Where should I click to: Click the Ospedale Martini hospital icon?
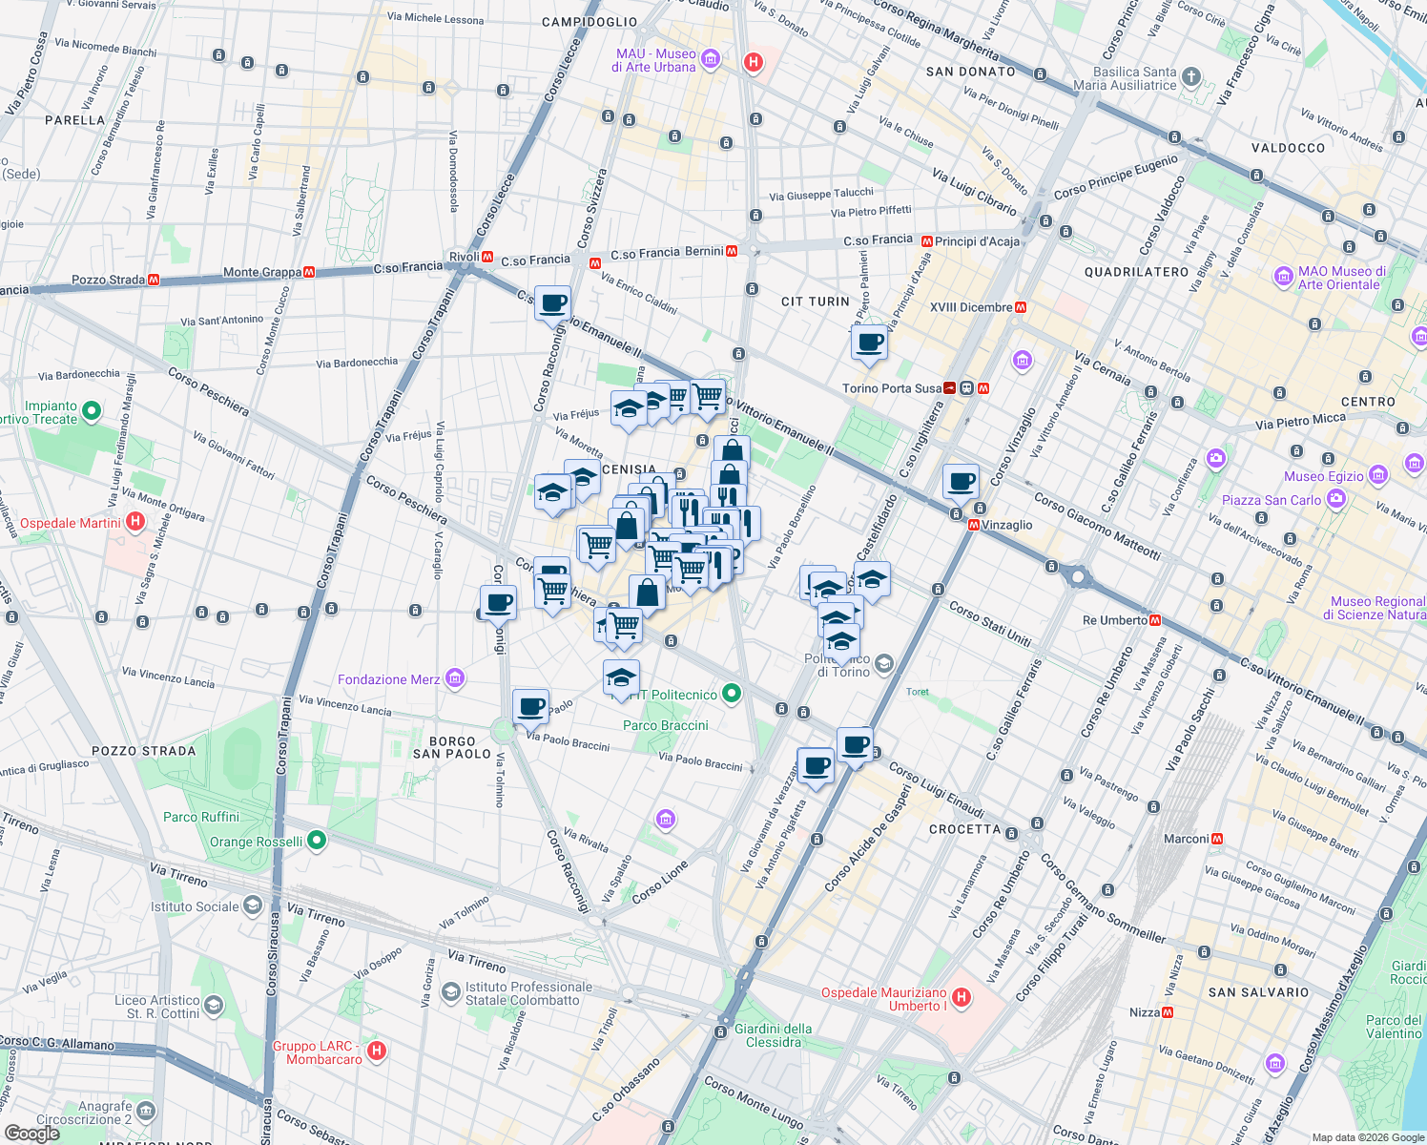click(x=135, y=522)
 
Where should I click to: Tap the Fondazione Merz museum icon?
click(x=455, y=678)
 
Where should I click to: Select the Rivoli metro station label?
click(x=465, y=257)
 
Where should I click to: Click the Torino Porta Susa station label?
click(x=891, y=388)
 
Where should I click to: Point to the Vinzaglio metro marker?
click(x=974, y=525)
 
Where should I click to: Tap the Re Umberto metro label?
click(x=1115, y=620)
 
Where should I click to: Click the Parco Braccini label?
click(x=665, y=725)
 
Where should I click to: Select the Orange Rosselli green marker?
click(x=318, y=841)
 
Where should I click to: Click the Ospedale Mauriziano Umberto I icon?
click(x=962, y=998)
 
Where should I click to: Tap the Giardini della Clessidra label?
click(x=773, y=1035)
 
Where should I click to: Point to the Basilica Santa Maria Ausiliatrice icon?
click(x=1190, y=77)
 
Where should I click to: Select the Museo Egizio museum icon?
click(x=1377, y=475)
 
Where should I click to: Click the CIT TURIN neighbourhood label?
click(x=815, y=302)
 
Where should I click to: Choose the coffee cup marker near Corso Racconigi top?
click(x=552, y=304)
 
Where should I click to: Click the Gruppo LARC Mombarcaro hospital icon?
click(x=377, y=1051)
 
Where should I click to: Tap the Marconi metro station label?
click(x=1186, y=839)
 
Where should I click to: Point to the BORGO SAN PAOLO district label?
click(x=452, y=747)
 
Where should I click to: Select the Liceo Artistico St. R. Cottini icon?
click(x=214, y=1006)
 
